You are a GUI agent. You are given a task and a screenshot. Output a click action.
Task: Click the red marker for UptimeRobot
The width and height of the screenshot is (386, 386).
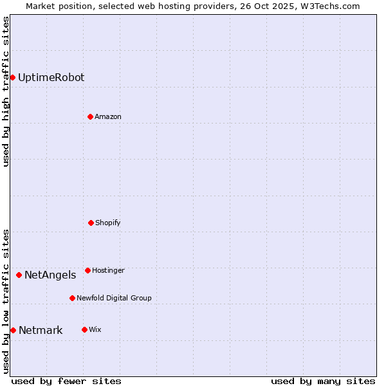coord(12,78)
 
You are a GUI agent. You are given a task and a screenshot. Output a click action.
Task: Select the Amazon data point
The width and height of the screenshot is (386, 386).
coord(90,116)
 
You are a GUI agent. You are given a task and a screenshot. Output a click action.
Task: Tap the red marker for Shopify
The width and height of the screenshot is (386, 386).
coord(91,223)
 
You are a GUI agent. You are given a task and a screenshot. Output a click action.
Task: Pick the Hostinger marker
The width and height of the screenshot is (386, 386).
coord(87,270)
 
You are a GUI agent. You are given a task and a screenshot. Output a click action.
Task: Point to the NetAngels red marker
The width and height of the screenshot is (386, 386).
coord(19,275)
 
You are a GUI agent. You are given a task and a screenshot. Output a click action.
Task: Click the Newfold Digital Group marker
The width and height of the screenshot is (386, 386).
coord(72,298)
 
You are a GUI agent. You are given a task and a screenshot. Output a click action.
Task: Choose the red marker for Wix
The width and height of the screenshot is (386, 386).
coord(84,329)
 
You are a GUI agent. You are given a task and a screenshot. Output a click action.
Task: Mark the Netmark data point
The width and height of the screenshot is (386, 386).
coord(13,331)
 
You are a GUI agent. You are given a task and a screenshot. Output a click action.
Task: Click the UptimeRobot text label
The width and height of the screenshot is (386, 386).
coord(51,78)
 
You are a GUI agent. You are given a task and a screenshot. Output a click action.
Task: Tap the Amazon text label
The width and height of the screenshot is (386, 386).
coord(108,117)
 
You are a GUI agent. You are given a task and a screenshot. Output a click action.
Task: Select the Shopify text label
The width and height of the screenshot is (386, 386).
coord(108,223)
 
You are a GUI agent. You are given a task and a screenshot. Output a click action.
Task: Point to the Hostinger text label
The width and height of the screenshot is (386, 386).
coord(108,271)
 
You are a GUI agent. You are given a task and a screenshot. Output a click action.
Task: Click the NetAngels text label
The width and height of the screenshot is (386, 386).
coord(50,275)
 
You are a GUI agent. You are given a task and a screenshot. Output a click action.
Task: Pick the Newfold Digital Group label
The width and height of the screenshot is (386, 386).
coord(114,299)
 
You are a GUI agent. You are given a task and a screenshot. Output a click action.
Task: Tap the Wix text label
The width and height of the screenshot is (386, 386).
coord(95,330)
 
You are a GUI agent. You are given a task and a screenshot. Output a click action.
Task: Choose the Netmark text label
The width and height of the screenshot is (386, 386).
coord(41,331)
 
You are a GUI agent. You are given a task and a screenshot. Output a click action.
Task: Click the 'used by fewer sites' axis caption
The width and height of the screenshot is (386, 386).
coord(66,381)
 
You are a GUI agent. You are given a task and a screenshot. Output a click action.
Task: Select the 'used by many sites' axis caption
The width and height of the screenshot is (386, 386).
coord(323,381)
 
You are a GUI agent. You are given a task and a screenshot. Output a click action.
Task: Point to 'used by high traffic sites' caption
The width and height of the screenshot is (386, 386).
coord(6,91)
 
